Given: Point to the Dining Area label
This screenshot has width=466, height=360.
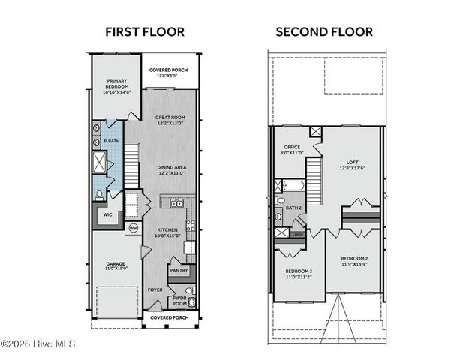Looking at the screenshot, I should click(170, 170).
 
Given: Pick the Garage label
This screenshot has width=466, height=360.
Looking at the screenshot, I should click(116, 265).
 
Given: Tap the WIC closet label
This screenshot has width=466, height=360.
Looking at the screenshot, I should click(107, 214).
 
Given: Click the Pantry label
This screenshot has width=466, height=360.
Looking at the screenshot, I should click(179, 270).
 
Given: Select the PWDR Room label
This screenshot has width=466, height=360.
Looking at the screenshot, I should click(180, 300).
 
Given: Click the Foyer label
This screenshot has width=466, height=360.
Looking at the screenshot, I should click(155, 289).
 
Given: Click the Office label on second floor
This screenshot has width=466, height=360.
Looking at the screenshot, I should click(293, 150).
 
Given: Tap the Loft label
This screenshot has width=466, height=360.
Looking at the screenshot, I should click(352, 164).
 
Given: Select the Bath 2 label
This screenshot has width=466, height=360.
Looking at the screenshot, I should click(293, 208).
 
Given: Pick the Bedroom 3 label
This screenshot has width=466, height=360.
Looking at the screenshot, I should click(298, 274).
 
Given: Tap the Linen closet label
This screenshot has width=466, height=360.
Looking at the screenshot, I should click(298, 235).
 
